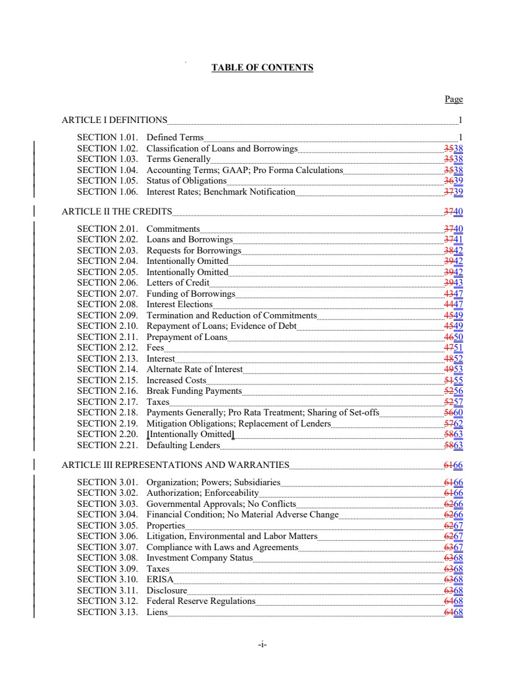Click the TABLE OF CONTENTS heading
pyautogui.click(x=262, y=67)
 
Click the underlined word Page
pyautogui.click(x=453, y=99)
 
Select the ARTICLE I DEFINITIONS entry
pyautogui.click(x=114, y=120)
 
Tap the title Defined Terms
pyautogui.click(x=175, y=137)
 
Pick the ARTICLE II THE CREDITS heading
pyautogui.click(x=117, y=212)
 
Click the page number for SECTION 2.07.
pyautogui.click(x=454, y=294)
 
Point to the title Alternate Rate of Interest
pyautogui.click(x=195, y=370)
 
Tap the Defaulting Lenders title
pyautogui.click(x=183, y=445)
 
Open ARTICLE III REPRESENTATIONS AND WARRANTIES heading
pyautogui.click(x=176, y=465)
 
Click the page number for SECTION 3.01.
pyautogui.click(x=454, y=482)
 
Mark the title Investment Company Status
pyautogui.click(x=200, y=558)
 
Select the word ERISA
pyautogui.click(x=160, y=579)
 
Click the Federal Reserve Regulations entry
pyautogui.click(x=201, y=601)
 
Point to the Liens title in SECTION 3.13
pyautogui.click(x=157, y=612)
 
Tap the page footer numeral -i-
pyautogui.click(x=262, y=645)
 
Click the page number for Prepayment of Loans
pyautogui.click(x=454, y=337)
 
